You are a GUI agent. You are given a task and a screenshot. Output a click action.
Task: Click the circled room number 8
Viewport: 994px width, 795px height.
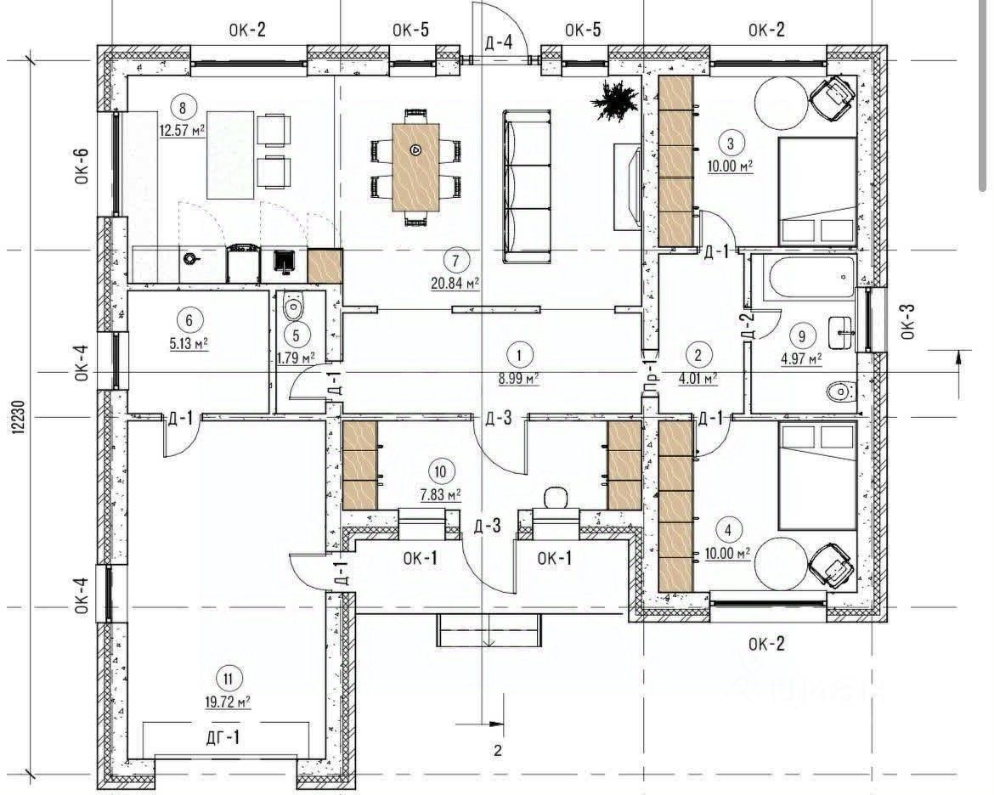pos(184,108)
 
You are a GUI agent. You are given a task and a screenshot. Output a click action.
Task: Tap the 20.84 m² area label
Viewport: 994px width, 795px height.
pos(455,283)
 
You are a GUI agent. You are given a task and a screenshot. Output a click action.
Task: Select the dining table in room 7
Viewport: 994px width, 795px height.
pos(415,166)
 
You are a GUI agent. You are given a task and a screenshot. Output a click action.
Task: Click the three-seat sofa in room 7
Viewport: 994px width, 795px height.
pos(527,186)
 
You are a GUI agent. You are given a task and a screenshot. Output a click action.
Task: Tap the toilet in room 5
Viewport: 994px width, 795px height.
pos(293,307)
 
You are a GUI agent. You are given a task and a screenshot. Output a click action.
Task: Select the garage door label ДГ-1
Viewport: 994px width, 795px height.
pos(223,737)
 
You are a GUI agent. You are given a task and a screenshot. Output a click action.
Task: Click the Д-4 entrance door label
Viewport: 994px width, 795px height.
pos(498,42)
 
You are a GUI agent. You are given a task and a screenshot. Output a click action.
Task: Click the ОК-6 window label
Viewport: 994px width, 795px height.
pos(82,166)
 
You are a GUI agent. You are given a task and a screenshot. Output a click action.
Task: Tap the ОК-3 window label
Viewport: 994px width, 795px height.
pos(907,321)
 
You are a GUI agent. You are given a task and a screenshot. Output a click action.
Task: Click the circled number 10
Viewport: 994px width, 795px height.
pos(441,471)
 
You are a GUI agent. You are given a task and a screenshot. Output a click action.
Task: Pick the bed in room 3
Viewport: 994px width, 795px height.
pos(817,191)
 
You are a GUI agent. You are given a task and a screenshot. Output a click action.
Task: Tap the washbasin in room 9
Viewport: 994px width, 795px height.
pos(842,332)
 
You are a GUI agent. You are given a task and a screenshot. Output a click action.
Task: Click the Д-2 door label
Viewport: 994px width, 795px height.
pos(748,325)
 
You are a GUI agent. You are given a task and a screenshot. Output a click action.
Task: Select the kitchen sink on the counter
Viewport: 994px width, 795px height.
pos(285,262)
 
